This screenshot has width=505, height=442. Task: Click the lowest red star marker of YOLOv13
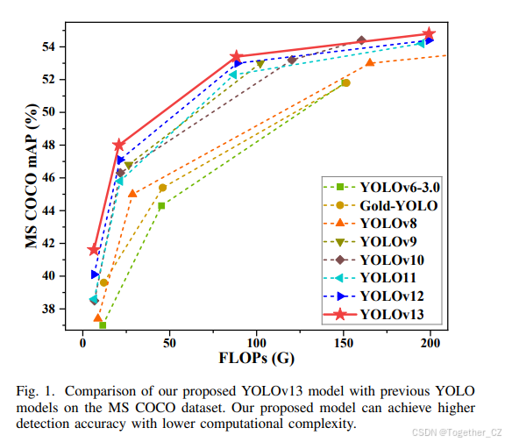tap(94, 250)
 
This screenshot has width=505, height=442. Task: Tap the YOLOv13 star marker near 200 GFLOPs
tap(429, 34)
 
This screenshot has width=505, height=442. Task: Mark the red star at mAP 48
tap(119, 145)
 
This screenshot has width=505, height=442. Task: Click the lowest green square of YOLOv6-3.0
tap(103, 325)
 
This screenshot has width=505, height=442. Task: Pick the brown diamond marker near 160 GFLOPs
tap(361, 40)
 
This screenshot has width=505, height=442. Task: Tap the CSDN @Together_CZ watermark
tap(457, 432)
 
